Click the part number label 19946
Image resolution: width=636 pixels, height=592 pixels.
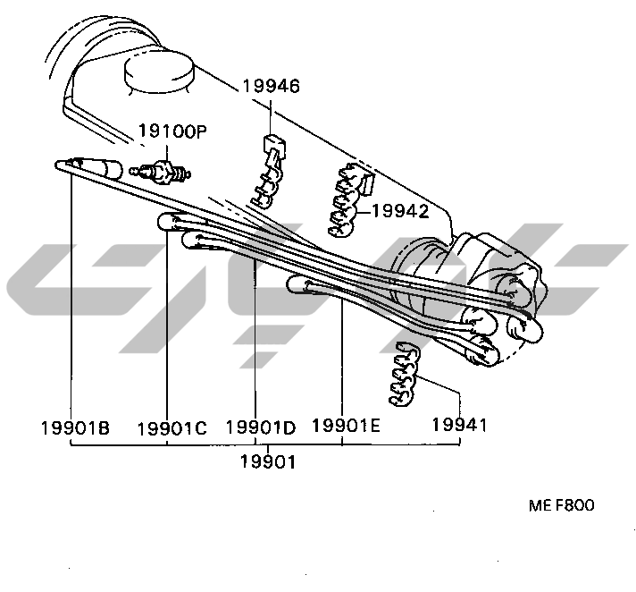point(271,87)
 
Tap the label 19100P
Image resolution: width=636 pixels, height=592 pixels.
point(172,131)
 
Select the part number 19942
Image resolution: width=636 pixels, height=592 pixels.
point(400,212)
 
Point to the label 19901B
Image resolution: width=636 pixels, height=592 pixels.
point(75,427)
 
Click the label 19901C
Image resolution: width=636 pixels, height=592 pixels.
point(172,427)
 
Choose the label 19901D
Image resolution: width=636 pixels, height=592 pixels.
point(260,427)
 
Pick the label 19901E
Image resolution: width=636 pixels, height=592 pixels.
point(346,426)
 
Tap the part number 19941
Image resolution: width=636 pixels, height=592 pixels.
point(459,425)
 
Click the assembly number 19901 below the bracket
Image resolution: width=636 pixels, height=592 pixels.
point(268,461)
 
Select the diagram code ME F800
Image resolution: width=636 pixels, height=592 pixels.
point(561,505)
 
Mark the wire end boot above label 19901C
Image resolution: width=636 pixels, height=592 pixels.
point(170,222)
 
